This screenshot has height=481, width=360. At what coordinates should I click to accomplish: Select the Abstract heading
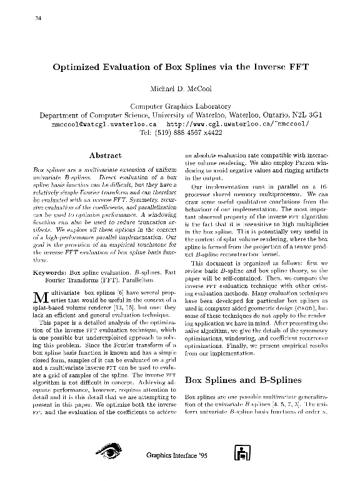pos(106,155)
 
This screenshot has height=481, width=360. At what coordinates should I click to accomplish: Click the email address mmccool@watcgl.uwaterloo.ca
pos(101,124)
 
